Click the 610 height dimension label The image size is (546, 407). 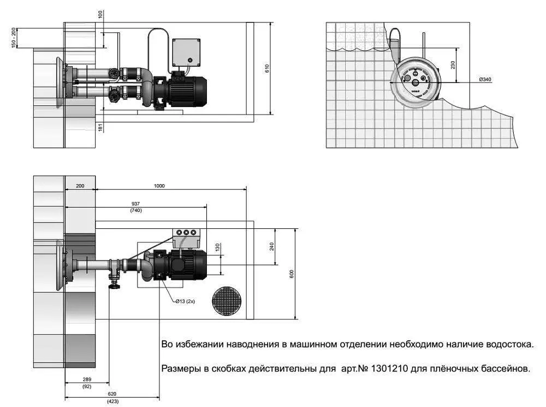[x=267, y=68]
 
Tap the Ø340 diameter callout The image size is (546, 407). [x=485, y=79]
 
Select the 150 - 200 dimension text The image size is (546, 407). [x=14, y=38]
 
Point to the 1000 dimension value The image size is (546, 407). [x=159, y=186]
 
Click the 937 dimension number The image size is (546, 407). [x=135, y=203]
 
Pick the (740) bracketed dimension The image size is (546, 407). [x=136, y=210]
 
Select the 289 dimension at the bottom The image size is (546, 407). [x=87, y=379]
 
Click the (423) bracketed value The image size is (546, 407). [x=112, y=402]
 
